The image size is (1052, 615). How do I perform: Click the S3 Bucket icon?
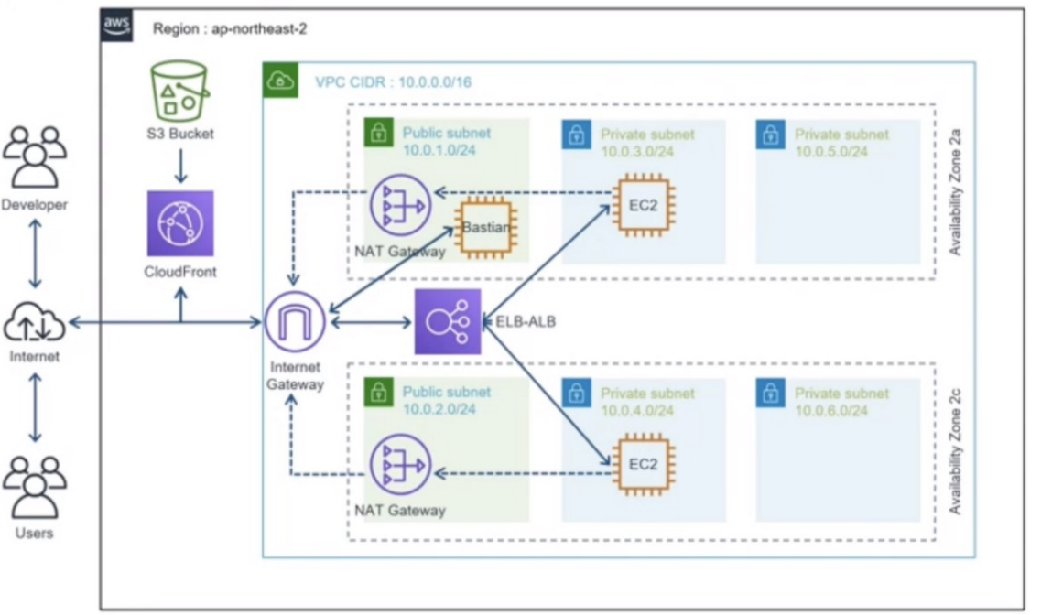click(179, 91)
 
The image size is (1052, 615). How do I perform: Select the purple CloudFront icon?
click(180, 223)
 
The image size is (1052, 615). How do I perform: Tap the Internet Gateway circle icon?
click(295, 322)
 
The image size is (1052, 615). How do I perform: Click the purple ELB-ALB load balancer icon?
click(448, 322)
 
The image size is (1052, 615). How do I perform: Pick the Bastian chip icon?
click(486, 228)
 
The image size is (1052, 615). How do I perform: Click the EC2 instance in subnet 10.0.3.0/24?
click(643, 205)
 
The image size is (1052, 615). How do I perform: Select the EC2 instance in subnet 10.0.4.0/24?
click(643, 464)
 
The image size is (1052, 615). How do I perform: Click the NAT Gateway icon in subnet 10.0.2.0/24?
click(400, 465)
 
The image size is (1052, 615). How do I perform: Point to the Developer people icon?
click(35, 156)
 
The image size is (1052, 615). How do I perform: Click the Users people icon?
click(35, 488)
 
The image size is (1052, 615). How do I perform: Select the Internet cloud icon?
click(35, 322)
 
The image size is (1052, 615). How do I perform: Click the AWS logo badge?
click(116, 26)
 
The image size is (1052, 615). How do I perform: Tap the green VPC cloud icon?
click(280, 80)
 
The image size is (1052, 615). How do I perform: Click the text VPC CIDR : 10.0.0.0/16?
click(393, 81)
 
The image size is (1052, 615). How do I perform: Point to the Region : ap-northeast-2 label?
click(230, 29)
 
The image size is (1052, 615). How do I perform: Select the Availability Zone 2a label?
click(955, 192)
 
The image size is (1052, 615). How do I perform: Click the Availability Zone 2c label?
click(955, 451)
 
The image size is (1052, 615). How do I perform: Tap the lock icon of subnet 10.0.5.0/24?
click(770, 135)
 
